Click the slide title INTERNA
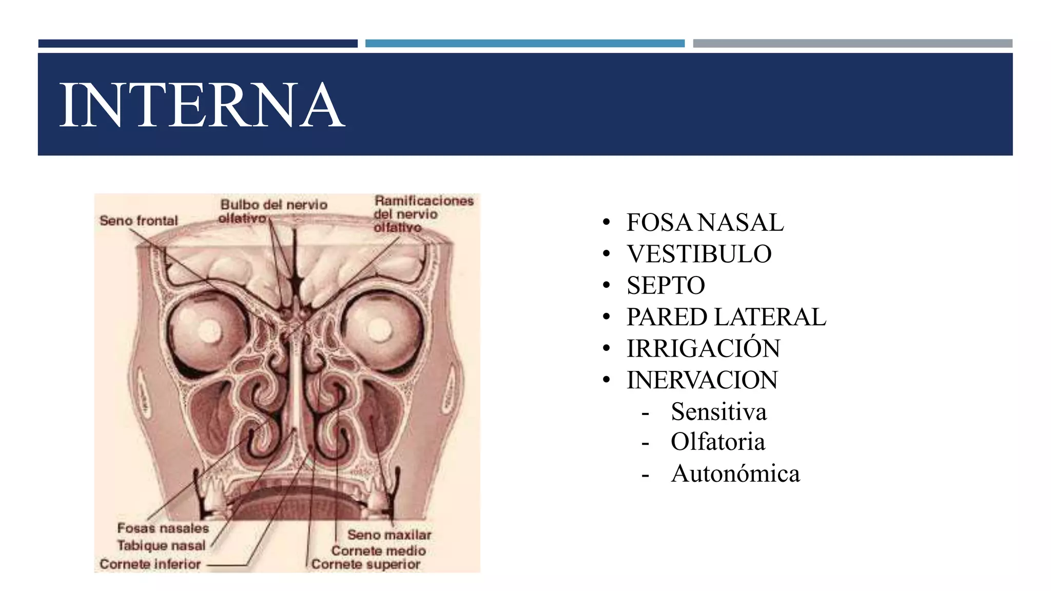(x=202, y=105)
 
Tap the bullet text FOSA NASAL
(x=705, y=223)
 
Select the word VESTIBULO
(x=699, y=254)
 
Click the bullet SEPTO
(x=666, y=286)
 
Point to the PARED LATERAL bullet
(x=726, y=317)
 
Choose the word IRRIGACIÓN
(x=703, y=349)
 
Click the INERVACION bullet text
(x=702, y=380)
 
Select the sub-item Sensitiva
(x=718, y=412)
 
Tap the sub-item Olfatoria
(x=717, y=442)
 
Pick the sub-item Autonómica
(x=735, y=474)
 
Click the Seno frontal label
(x=139, y=221)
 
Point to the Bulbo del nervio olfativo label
(x=273, y=211)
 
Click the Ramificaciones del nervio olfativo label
(x=423, y=214)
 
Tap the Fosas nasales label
(x=163, y=528)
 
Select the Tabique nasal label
(x=161, y=545)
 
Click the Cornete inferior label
(x=150, y=564)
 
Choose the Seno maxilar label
(x=389, y=535)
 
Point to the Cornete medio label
(x=378, y=551)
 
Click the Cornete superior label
(x=365, y=564)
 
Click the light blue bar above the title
(x=524, y=44)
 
